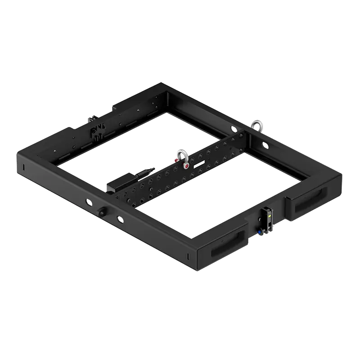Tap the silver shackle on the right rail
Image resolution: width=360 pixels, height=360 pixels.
[257, 125]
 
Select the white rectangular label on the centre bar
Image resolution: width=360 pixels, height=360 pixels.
[199, 166]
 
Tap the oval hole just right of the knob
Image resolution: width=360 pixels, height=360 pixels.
[119, 219]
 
